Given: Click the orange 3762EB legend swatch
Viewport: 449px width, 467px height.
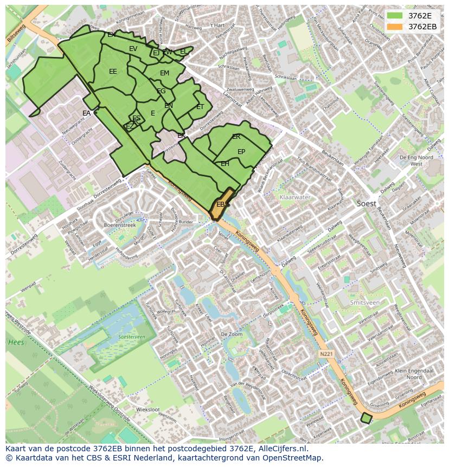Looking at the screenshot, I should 395,27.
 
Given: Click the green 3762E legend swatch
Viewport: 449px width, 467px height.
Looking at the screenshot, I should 395,16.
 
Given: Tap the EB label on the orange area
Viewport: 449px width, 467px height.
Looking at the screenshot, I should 221,204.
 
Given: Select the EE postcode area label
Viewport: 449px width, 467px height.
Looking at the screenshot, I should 113,71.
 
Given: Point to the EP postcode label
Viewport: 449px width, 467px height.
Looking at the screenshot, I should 241,152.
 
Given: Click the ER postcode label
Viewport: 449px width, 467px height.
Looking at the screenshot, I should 236,137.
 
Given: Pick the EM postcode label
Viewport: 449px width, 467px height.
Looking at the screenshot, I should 164,73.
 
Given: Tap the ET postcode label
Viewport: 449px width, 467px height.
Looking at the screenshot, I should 200,107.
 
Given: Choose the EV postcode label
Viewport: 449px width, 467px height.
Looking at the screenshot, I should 133,49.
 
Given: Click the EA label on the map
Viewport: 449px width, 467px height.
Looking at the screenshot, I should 87,113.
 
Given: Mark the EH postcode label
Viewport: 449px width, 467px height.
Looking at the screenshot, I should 224,163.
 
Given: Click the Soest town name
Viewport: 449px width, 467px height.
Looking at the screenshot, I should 367,203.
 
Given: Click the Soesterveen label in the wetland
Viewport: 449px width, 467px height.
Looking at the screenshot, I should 131,337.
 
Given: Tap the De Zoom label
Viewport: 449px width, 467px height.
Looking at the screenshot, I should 232,335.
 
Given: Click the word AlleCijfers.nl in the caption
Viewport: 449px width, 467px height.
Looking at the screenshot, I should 282,449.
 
